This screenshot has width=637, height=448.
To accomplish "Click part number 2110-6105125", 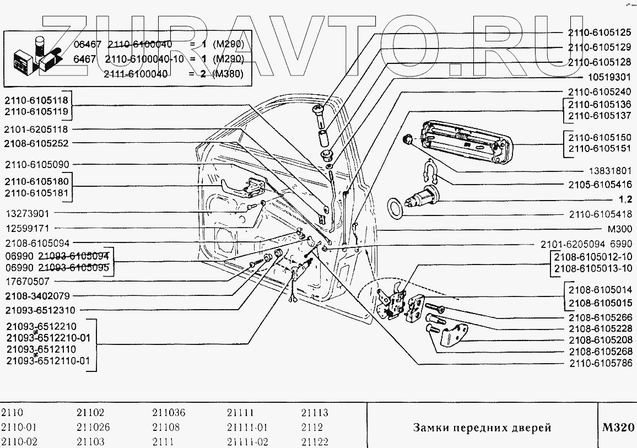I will (600, 33).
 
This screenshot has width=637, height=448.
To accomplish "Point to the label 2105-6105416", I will (600, 185).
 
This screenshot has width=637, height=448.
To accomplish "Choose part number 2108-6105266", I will (600, 318).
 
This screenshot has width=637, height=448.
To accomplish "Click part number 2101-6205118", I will (36, 130).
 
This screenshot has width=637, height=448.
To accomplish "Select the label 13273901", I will (28, 213).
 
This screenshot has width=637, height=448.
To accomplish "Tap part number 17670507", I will (28, 281).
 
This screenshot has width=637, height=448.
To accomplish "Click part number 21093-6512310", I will (40, 310).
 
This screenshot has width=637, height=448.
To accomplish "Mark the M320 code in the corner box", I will (618, 428).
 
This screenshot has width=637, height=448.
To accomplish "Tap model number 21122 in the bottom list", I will (315, 442).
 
